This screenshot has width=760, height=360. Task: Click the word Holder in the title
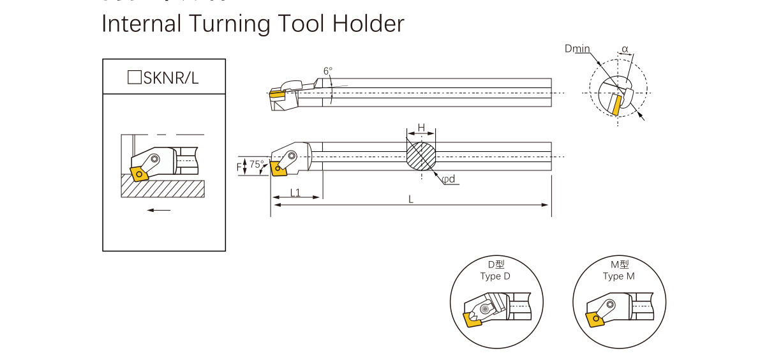click(x=368, y=24)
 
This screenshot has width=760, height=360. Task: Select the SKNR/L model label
click(x=171, y=78)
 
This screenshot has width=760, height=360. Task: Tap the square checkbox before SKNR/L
click(x=134, y=77)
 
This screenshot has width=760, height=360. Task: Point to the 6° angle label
click(x=328, y=71)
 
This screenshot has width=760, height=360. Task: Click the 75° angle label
click(x=256, y=165)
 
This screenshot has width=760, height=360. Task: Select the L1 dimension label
click(x=295, y=192)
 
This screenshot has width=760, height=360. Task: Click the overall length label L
click(x=411, y=199)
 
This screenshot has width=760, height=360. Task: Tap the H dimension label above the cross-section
click(x=421, y=127)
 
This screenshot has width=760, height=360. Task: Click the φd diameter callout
click(x=449, y=179)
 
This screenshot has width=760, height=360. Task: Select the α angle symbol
click(x=625, y=49)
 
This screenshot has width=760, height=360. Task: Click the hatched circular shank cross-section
click(x=422, y=156)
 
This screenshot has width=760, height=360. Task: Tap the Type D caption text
click(x=495, y=276)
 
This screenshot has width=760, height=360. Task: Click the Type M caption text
click(x=618, y=276)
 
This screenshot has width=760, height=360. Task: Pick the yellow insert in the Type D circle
click(x=473, y=319)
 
